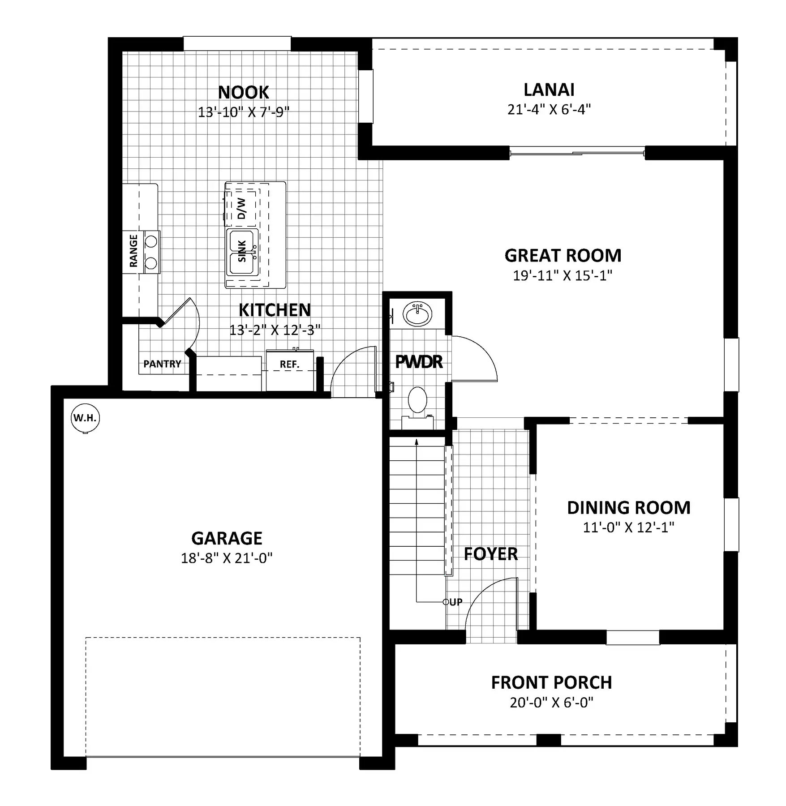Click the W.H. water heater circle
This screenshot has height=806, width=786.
point(85,418)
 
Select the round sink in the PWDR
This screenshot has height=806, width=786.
point(417,313)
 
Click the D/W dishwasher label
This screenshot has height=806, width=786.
point(241,208)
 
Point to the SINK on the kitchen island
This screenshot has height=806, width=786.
point(242,251)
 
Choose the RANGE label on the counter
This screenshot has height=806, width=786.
point(133,251)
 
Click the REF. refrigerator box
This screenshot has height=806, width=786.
point(290,370)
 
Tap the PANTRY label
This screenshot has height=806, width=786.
point(162,364)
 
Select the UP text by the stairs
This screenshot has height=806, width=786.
point(456,602)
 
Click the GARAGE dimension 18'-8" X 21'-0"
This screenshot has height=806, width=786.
point(227,558)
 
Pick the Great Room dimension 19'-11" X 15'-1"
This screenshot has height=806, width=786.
point(563,275)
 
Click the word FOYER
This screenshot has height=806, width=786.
point(490,554)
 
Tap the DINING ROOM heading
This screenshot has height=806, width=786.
point(629,507)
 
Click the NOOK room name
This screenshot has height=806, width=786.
point(244,92)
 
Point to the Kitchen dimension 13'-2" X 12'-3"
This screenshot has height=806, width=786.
point(275,330)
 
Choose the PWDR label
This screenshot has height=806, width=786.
point(419,361)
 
